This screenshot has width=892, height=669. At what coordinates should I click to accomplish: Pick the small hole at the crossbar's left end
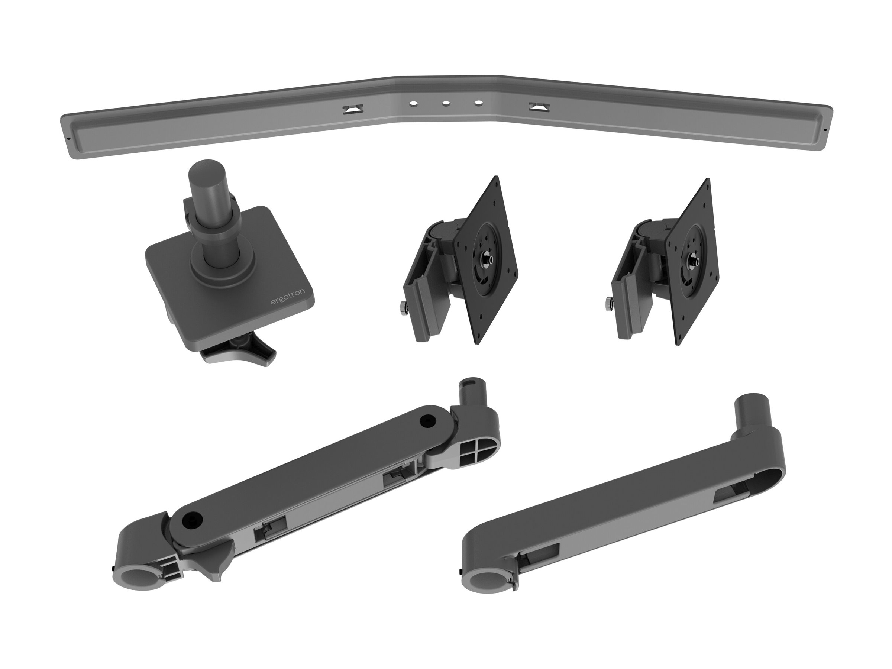point(69,138)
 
